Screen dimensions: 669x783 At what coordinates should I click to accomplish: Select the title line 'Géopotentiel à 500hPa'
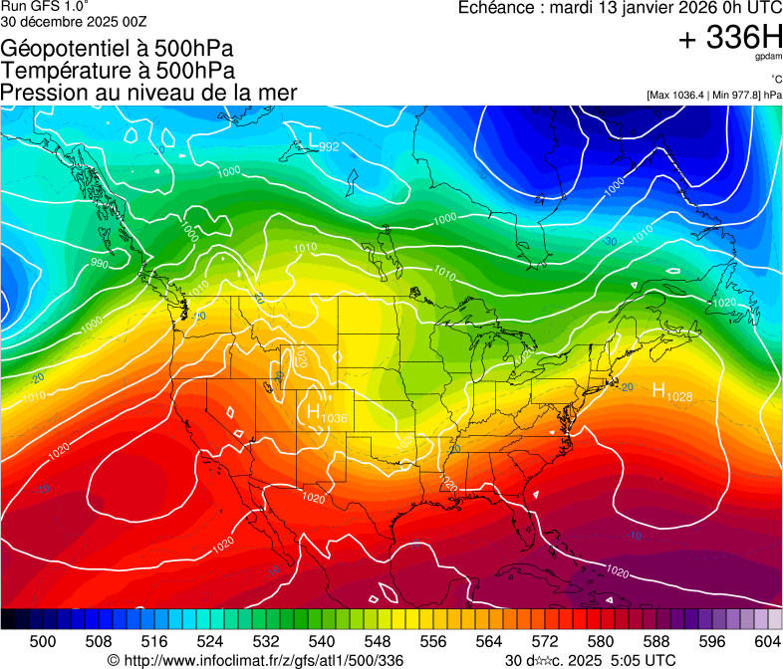point(118,49)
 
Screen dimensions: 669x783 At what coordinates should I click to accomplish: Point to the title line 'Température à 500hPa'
point(118,71)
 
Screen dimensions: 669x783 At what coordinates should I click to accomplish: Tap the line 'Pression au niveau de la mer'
point(148,93)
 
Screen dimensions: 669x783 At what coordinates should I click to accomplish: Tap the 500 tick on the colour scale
point(43,641)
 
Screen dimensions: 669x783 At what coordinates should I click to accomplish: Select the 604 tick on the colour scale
point(768,641)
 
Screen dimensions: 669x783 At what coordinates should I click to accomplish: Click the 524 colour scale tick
point(210,641)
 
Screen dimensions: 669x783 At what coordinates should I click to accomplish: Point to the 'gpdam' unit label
point(769,59)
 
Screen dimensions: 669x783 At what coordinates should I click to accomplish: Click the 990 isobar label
point(99,264)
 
